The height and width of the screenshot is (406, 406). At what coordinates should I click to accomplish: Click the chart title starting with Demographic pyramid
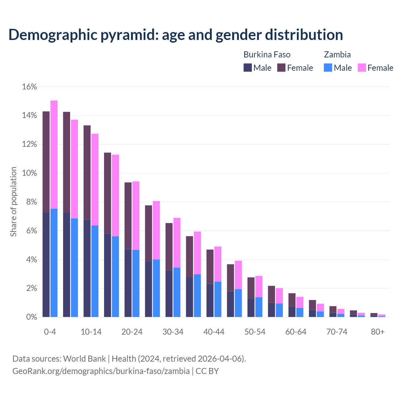pos(176,35)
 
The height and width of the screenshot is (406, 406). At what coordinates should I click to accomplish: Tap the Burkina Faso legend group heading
pos(267,55)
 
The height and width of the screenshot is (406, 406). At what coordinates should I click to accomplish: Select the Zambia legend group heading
pos(337,55)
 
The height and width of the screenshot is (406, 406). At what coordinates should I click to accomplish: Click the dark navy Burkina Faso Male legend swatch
pos(248,68)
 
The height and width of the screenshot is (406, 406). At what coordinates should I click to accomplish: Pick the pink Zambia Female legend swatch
pos(362,68)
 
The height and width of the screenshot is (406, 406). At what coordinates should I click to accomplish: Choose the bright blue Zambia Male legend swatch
pos(328,68)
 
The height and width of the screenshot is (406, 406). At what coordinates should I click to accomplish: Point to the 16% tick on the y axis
pos(29,87)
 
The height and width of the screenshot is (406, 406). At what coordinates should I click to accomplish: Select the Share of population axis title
pos(13,202)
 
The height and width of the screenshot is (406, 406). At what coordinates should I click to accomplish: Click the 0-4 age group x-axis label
pos(50,332)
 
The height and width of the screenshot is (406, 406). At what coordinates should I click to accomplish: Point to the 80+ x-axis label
pos(378,332)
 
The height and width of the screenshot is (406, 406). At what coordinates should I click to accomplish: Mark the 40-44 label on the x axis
pos(214,332)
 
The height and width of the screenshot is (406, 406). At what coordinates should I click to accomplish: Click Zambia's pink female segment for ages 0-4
pos(54,154)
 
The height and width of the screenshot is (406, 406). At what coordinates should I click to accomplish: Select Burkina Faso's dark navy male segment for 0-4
pos(46,265)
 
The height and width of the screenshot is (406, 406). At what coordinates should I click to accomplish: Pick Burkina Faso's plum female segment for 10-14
pos(87,172)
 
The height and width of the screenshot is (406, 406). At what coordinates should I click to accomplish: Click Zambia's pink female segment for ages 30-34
pos(177,243)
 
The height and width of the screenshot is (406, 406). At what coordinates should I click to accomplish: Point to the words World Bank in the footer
pos(84,359)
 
